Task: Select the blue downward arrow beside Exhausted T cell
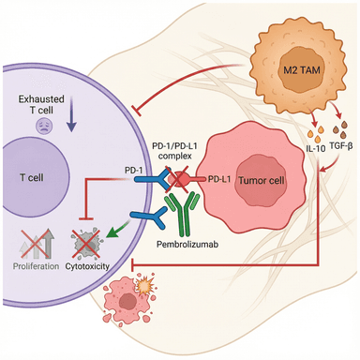point(71,113)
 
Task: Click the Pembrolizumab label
point(187,244)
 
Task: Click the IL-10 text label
point(315,148)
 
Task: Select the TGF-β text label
point(341,145)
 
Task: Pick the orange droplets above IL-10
point(315,134)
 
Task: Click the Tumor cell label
point(262,180)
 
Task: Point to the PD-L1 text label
point(219,179)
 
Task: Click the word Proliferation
point(36,266)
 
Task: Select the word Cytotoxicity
point(87,266)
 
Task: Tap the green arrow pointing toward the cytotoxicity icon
point(118,230)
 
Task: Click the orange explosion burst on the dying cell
point(144,286)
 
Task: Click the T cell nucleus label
point(32,178)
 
